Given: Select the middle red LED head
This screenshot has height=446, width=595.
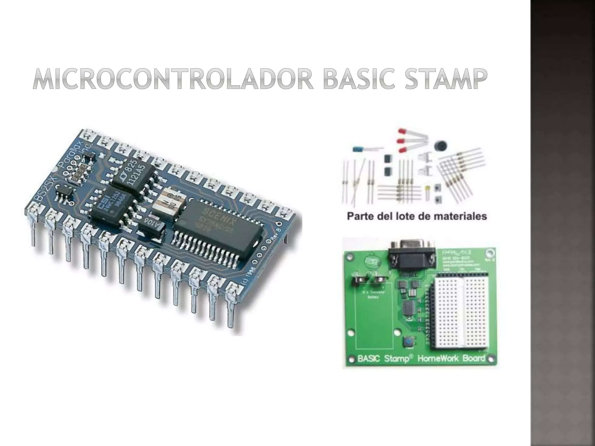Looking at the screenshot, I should [401, 141].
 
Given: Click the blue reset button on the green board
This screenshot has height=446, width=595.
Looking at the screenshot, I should [408, 342].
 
